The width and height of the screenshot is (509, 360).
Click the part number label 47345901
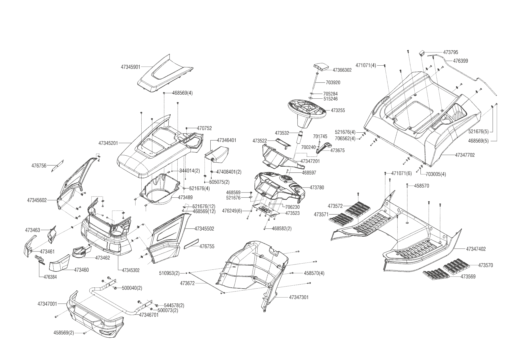[x=131, y=67]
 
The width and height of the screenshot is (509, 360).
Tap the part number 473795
[x=451, y=53]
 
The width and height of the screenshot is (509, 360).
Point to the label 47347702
[x=465, y=155]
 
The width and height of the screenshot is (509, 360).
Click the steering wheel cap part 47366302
[x=321, y=67]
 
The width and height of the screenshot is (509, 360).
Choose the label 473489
[x=185, y=197]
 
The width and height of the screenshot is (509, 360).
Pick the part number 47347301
[x=299, y=297]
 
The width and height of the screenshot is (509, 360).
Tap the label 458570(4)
[x=314, y=273]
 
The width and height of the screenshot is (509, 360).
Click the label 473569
[x=468, y=277]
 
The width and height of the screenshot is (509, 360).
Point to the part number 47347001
[x=47, y=304]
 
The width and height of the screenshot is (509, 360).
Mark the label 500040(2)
[x=132, y=288]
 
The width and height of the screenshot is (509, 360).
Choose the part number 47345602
[x=37, y=200]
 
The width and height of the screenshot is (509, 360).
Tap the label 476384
[x=50, y=277]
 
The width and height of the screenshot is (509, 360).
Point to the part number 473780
[x=317, y=188]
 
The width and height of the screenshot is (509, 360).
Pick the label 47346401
[x=226, y=140]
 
